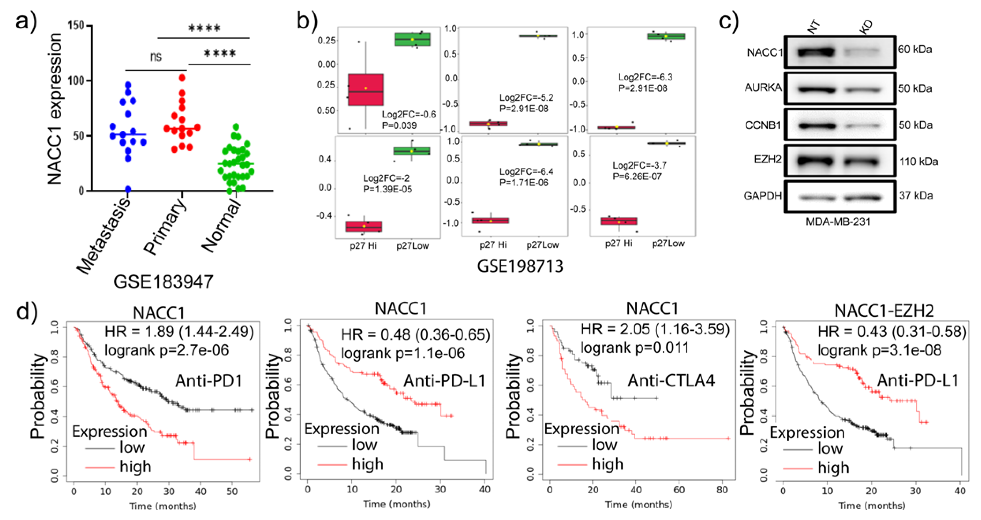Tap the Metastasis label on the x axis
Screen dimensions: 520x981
[104, 236]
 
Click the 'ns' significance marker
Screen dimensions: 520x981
[156, 57]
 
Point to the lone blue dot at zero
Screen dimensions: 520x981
[128, 189]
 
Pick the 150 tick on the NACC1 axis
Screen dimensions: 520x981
[76, 26]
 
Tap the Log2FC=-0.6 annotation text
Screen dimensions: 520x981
[409, 114]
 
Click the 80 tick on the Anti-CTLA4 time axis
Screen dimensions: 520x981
[722, 490]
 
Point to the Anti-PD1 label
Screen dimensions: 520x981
[209, 381]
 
